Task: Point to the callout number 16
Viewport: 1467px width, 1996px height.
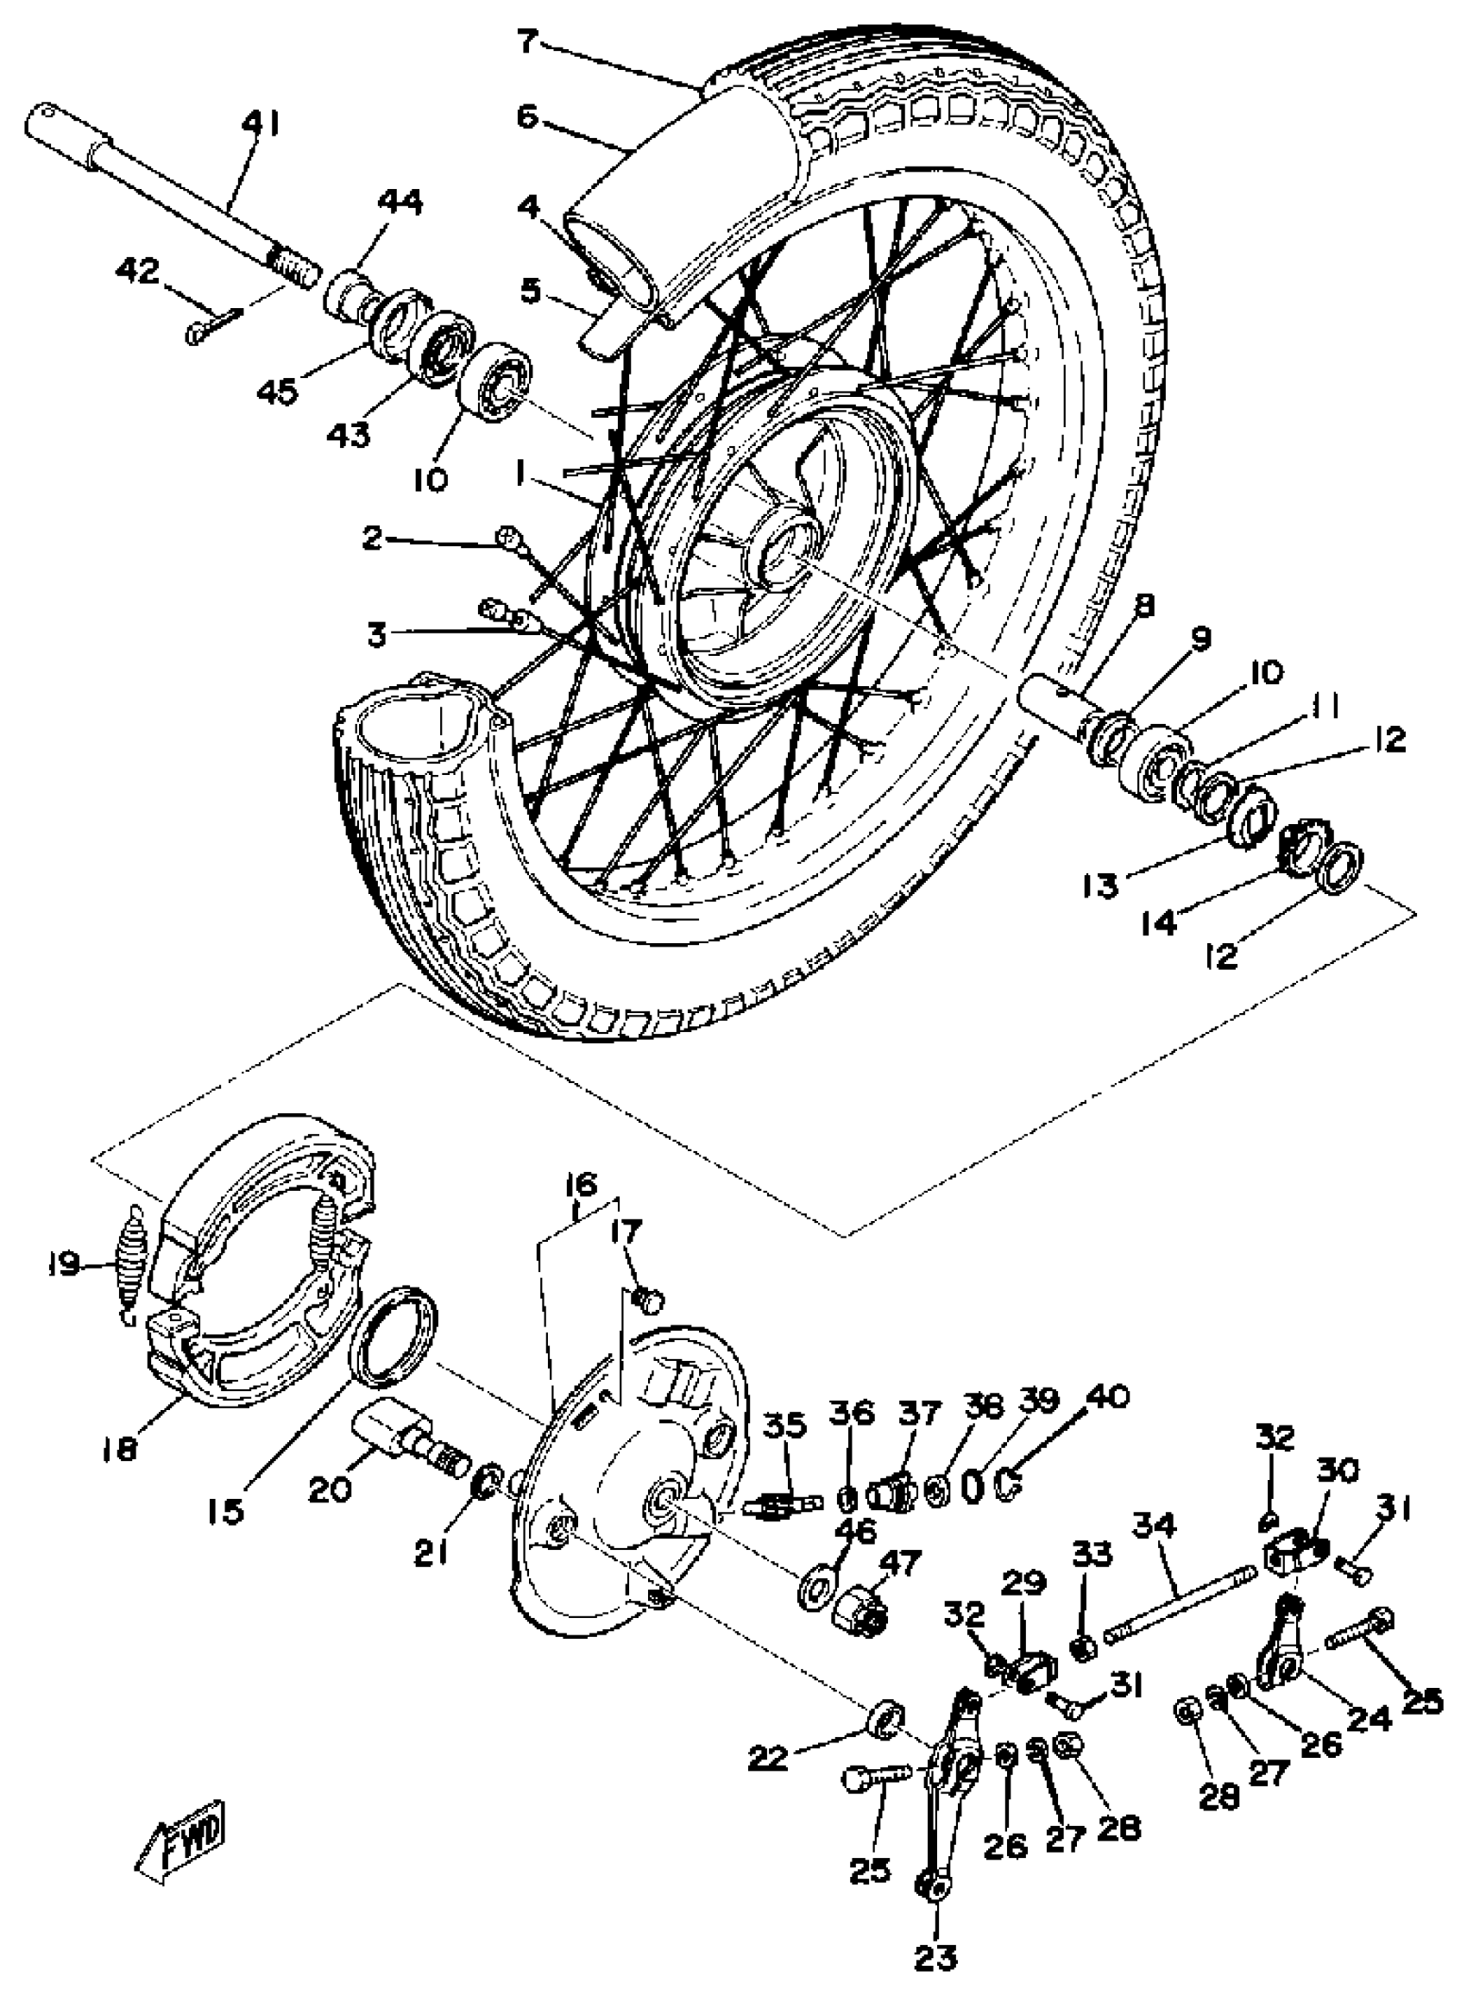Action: point(582,1185)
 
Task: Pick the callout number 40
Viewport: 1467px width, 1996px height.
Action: point(1104,1398)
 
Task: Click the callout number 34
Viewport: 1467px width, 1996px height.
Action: point(1155,1526)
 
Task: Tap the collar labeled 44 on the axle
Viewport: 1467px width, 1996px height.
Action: point(346,295)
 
